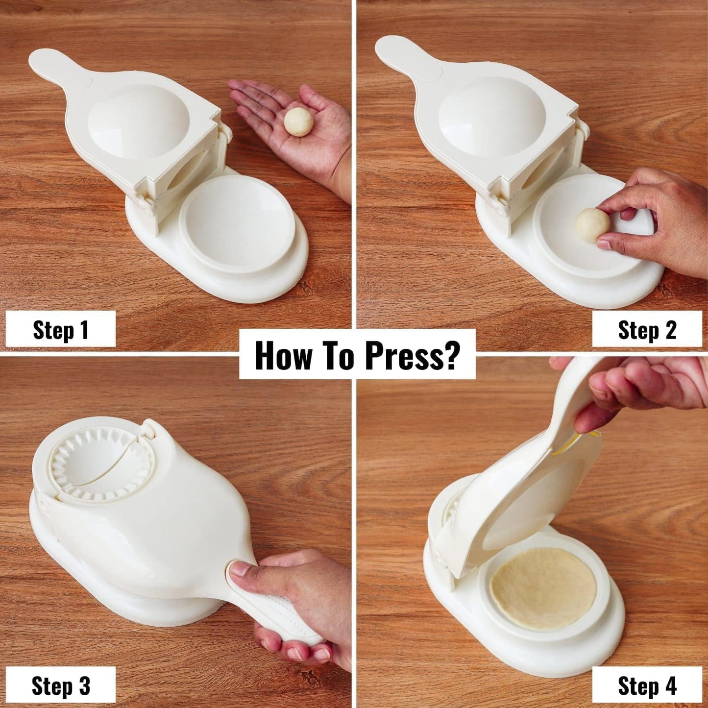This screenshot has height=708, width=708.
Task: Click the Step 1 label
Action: [x=60, y=329]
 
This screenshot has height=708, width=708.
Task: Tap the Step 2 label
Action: [x=647, y=329]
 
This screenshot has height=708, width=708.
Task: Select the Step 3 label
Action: [x=60, y=685]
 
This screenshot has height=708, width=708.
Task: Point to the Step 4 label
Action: [x=647, y=685]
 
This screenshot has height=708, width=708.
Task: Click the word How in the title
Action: [x=283, y=355]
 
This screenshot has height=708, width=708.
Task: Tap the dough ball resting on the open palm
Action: [x=298, y=122]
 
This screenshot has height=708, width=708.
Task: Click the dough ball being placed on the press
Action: [x=592, y=224]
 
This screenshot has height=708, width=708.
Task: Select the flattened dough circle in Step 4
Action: [x=543, y=588]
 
